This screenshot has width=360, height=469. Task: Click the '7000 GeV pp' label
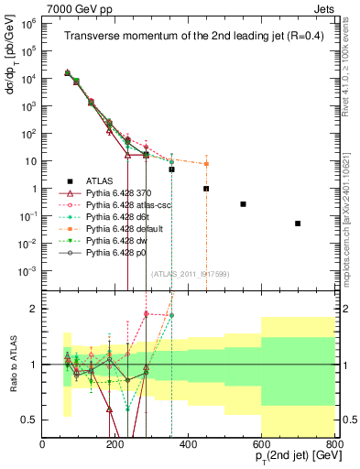click(74, 7)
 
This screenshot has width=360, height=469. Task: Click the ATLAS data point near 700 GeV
click(298, 224)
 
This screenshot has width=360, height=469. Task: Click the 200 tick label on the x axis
click(115, 445)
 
